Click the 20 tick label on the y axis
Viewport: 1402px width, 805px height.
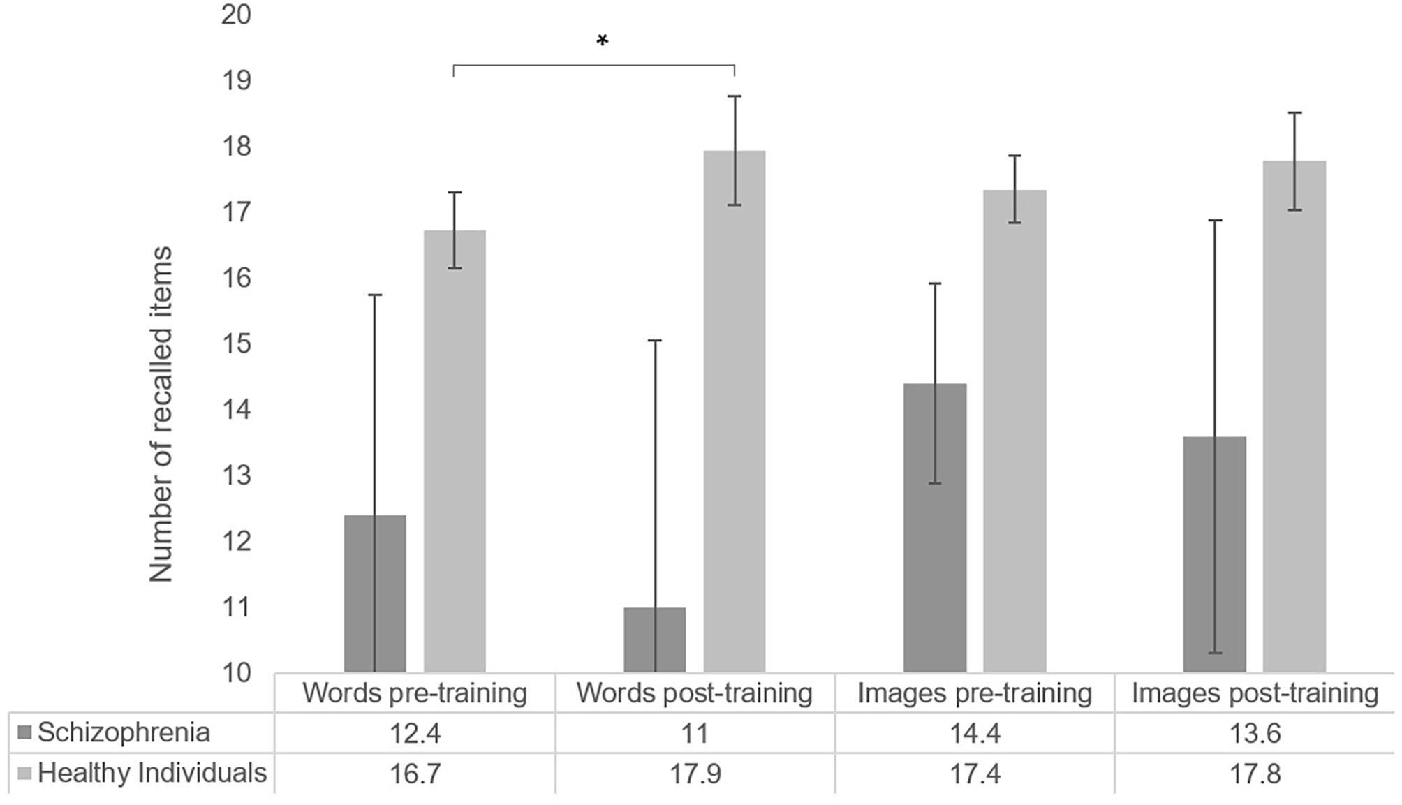click(x=236, y=14)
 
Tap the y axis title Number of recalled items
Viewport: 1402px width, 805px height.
click(x=161, y=413)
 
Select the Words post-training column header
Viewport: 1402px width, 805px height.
click(x=694, y=693)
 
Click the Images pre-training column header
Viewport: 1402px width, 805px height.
click(x=974, y=693)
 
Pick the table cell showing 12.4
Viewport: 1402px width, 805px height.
click(x=415, y=733)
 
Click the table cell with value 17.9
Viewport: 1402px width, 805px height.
click(x=694, y=774)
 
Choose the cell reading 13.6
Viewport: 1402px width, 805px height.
click(x=1254, y=733)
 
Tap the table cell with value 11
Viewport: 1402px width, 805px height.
click(x=694, y=733)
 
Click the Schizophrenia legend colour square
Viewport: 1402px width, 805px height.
click(x=24, y=733)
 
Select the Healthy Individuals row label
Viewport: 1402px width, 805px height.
click(x=152, y=774)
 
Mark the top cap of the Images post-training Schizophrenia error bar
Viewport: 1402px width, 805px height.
click(x=1215, y=221)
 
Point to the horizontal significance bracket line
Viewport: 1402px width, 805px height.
click(x=593, y=66)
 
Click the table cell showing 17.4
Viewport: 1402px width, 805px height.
click(x=974, y=774)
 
